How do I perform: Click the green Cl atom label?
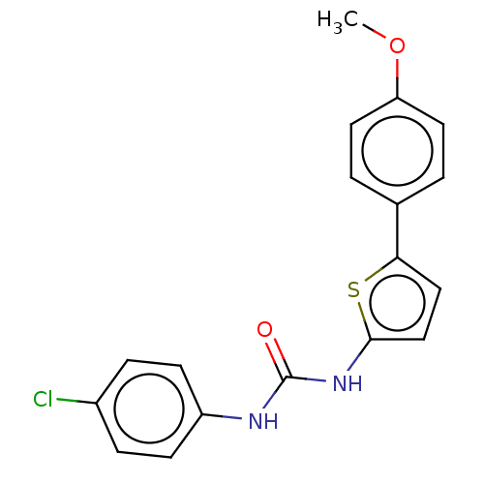tap(43, 399)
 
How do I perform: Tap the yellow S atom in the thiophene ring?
tap(353, 289)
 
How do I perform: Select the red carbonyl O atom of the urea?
tap(264, 329)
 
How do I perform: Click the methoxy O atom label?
tap(397, 45)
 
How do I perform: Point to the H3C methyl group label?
tap(338, 21)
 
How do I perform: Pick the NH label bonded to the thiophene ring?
tap(348, 383)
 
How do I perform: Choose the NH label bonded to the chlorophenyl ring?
tap(263, 421)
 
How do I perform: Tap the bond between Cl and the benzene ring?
tap(76, 401)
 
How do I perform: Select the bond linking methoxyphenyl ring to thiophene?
tap(397, 230)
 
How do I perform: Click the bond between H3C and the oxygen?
tap(374, 31)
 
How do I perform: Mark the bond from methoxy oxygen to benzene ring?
tap(397, 77)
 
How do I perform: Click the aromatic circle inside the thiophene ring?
tap(397, 275)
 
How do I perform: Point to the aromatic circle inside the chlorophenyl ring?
tap(149, 374)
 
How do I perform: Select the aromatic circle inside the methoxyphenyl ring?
tap(397, 116)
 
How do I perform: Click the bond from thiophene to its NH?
tap(359, 355)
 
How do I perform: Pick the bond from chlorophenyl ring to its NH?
tap(222, 416)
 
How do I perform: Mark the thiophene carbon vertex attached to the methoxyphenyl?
tap(397, 257)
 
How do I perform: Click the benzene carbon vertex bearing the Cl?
tap(97, 403)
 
